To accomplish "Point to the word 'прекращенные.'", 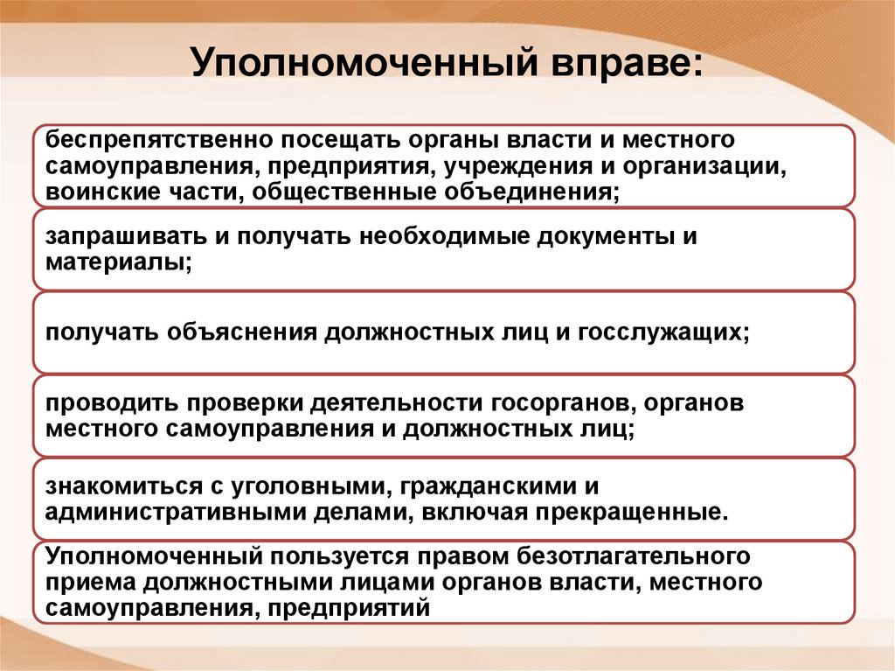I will pyautogui.click(x=629, y=512).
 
